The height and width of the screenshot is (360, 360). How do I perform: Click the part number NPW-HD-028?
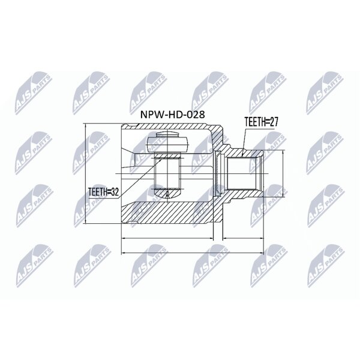(x=172, y=115)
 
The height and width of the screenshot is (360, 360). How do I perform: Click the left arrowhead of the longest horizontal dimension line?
(x=122, y=253)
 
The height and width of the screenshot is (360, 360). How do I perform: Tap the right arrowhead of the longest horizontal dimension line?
(x=262, y=253)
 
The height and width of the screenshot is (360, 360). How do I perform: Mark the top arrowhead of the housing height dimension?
(x=85, y=125)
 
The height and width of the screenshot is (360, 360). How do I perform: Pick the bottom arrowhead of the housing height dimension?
(x=85, y=221)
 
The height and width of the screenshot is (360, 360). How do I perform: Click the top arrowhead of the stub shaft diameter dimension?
(x=283, y=152)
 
